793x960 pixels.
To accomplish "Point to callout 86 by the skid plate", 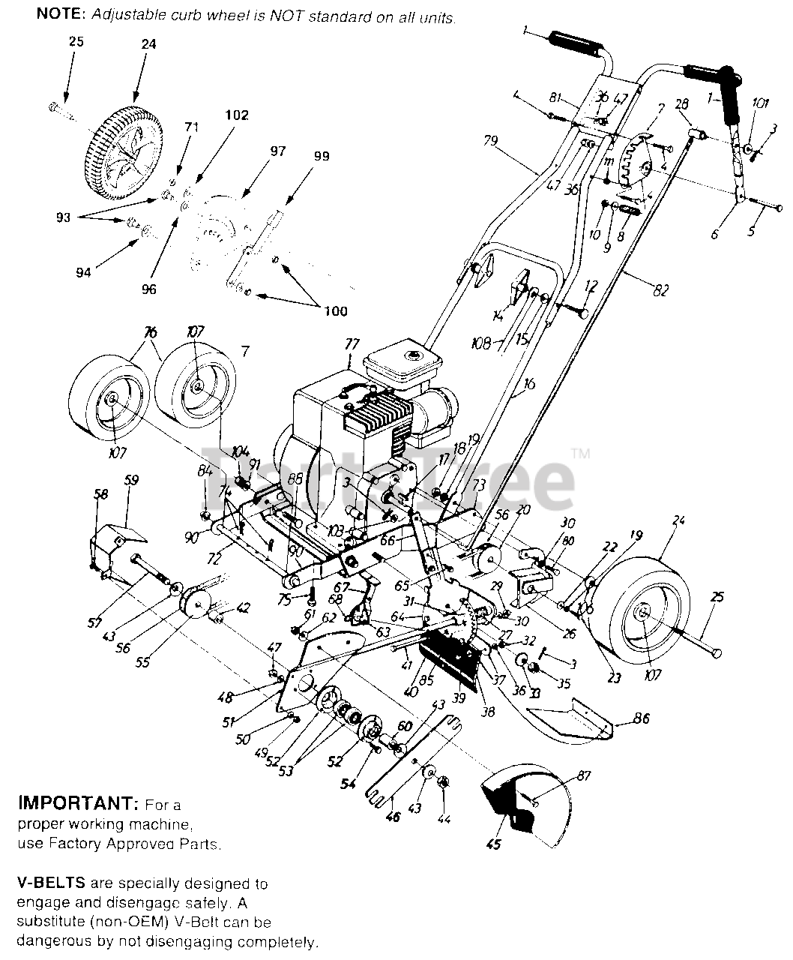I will (x=640, y=718).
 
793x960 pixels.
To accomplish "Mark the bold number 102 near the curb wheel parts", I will (x=236, y=115).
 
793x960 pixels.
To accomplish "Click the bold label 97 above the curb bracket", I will (x=278, y=151).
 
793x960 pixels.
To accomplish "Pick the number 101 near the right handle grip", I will (x=759, y=104).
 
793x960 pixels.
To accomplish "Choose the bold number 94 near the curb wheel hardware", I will (x=82, y=273).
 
